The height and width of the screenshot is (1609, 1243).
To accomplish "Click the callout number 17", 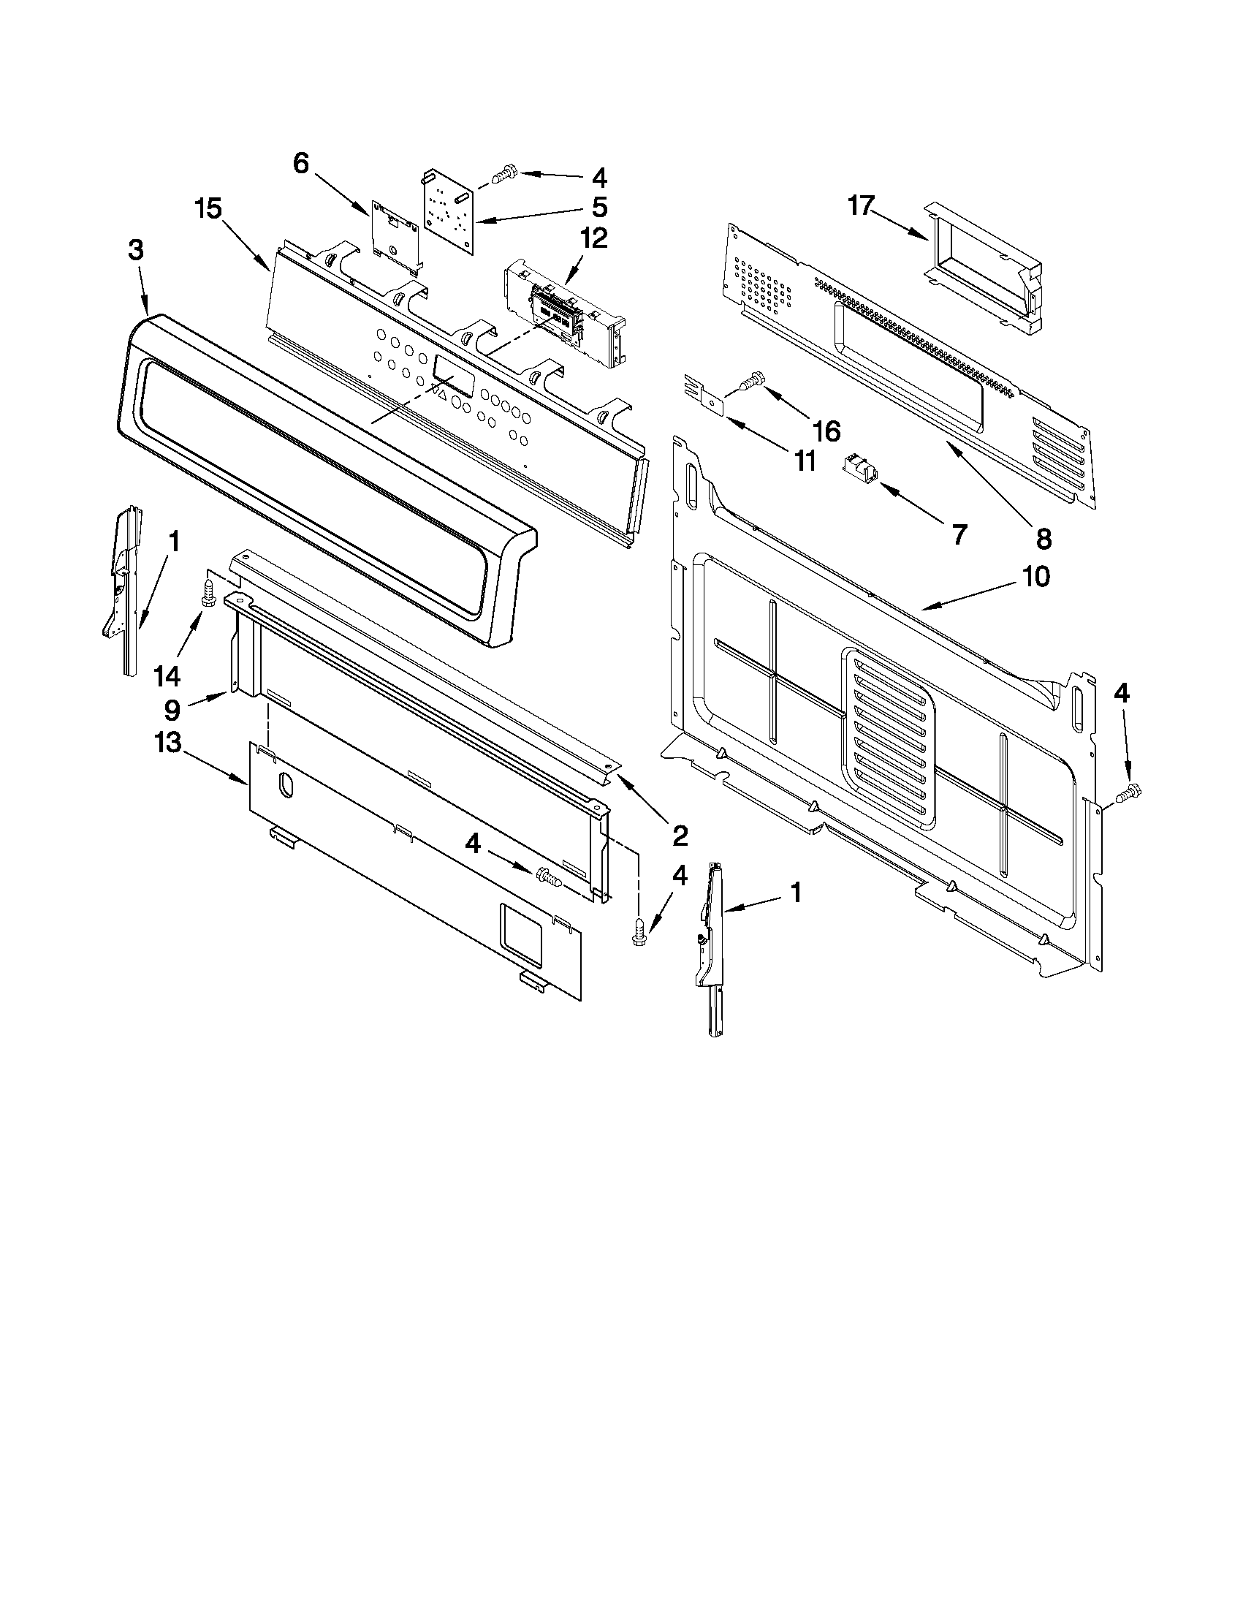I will [860, 205].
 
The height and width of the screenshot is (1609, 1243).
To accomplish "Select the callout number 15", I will [208, 209].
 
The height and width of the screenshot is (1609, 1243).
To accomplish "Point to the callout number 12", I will [593, 239].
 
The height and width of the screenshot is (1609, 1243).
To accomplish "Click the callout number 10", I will [1035, 576].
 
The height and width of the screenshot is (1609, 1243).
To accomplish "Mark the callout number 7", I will [958, 535].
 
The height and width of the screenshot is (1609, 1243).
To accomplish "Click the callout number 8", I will [1044, 540].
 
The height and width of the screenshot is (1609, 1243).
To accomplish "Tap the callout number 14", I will [168, 675].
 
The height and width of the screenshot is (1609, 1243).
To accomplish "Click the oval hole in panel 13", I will [286, 785].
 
